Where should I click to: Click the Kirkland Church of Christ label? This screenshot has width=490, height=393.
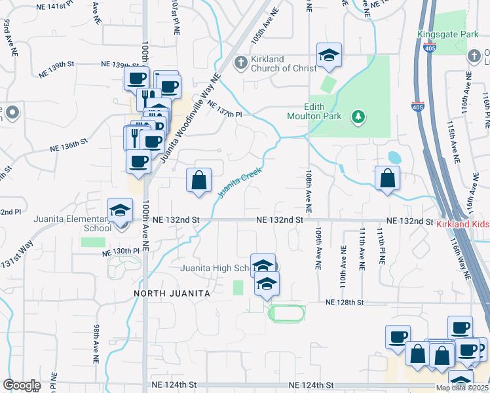point(275,64)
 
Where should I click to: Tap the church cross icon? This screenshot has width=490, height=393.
point(240,63)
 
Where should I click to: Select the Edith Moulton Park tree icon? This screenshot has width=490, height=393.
point(358,117)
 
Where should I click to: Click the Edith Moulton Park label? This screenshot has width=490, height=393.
point(316,112)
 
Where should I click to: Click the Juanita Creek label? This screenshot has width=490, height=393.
point(239,181)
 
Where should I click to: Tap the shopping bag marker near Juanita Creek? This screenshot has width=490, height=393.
point(198,180)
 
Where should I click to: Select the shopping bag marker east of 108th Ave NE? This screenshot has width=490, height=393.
point(388,178)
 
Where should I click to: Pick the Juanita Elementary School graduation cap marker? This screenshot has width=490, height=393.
point(119,210)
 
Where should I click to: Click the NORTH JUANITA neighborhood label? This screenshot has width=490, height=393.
point(172,293)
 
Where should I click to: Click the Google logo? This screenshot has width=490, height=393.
point(22,385)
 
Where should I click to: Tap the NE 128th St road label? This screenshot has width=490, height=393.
point(345,302)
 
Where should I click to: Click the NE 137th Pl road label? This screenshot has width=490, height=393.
point(225,109)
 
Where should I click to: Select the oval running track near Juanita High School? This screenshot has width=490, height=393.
point(286,314)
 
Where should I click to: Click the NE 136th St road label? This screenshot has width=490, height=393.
point(68,146)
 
